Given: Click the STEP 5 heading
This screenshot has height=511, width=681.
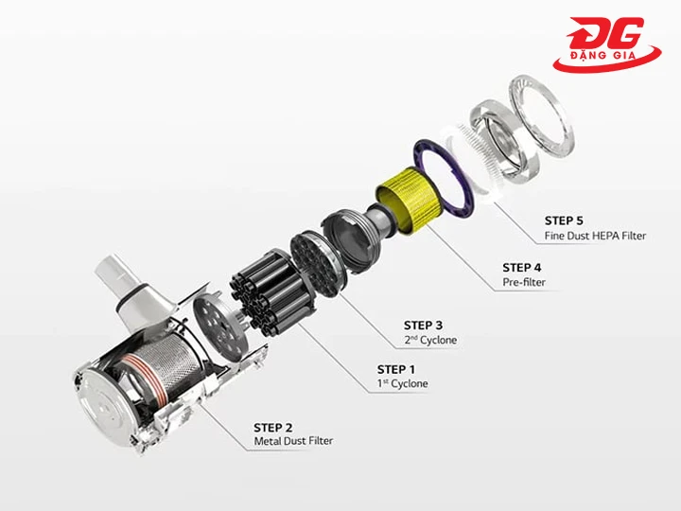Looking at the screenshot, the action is click(x=564, y=220).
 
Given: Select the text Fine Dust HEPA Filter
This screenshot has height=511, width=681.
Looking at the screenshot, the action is click(x=596, y=236).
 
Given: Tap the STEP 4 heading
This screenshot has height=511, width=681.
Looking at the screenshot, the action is click(x=522, y=267).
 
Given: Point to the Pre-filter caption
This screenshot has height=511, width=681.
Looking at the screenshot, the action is click(x=524, y=282).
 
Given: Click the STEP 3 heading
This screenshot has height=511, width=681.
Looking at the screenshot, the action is click(x=423, y=325).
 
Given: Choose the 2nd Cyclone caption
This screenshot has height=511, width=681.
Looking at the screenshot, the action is click(x=430, y=340).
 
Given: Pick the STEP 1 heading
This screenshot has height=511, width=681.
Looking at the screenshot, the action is click(x=396, y=369).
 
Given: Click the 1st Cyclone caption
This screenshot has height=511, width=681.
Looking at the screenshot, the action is click(x=402, y=383).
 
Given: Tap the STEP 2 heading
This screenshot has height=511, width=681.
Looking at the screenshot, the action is click(x=272, y=428).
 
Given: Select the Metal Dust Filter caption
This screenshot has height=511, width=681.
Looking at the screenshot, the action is click(x=293, y=441).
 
